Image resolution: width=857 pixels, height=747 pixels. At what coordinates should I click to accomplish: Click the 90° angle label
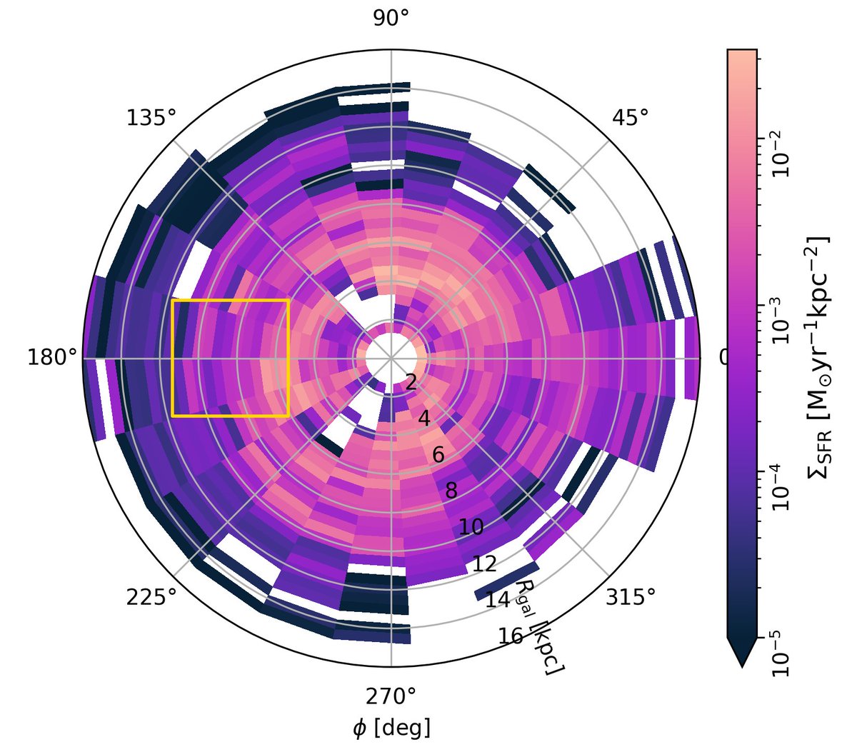[391, 19]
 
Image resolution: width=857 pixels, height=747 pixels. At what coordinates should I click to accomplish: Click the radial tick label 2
[411, 383]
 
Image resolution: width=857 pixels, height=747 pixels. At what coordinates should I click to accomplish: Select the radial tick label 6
[438, 455]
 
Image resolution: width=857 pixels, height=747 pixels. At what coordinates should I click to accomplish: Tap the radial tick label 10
[471, 527]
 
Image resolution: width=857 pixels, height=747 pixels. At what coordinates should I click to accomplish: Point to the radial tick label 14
[498, 599]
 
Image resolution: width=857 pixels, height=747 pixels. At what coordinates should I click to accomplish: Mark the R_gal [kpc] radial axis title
[539, 628]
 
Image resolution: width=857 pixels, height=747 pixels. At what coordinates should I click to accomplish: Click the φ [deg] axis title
[391, 728]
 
